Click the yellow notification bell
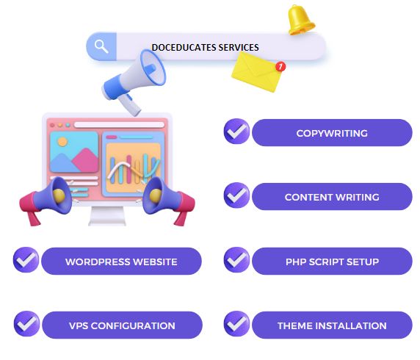click(300, 20)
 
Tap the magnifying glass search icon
click(101, 46)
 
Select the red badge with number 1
click(280, 66)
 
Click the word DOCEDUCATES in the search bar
click(184, 48)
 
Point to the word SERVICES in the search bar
click(239, 48)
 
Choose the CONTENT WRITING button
click(332, 197)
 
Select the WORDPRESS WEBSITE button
click(121, 262)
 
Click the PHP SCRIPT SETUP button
click(332, 262)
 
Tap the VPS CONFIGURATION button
click(122, 325)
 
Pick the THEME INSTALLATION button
click(332, 325)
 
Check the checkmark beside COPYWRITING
click(236, 132)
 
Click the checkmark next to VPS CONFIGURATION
click(26, 323)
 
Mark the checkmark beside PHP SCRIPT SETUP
click(236, 260)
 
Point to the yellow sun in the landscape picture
click(62, 142)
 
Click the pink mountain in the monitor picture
click(85, 160)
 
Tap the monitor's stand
click(107, 216)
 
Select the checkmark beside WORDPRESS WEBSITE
click(26, 260)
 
